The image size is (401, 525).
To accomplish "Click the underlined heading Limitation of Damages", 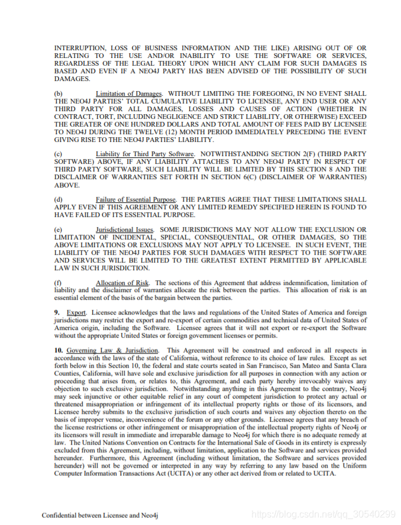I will coord(128,93).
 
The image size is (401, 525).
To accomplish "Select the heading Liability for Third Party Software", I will coord(145,154).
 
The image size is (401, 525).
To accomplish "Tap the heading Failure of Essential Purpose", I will coord(137,200).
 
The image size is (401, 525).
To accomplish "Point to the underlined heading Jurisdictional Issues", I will coord(125,229).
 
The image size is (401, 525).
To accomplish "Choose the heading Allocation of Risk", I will coord(122,283).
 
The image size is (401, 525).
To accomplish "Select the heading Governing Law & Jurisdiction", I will coord(112,351).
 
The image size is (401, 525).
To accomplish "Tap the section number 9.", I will coord(56,312).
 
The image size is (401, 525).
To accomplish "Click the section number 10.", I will coord(59,351).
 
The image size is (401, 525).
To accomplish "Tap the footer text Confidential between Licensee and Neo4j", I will coord(99,514).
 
